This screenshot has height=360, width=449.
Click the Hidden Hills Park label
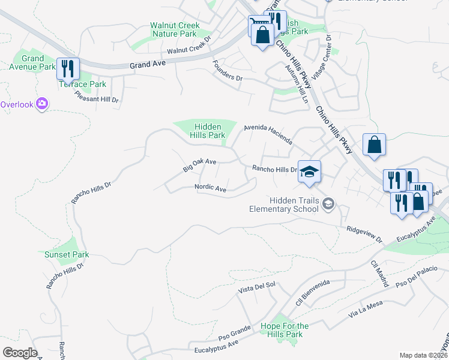208,131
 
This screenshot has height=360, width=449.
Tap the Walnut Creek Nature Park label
175,30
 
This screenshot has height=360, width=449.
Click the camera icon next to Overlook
42,104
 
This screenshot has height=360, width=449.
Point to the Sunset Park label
67,254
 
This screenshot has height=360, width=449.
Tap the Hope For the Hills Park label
285,330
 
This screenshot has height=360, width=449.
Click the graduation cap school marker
309,172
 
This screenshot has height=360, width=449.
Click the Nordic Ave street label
210,188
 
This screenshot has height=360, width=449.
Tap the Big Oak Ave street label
199,165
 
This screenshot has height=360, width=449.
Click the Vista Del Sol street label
256,289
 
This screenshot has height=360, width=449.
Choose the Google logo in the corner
20,352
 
